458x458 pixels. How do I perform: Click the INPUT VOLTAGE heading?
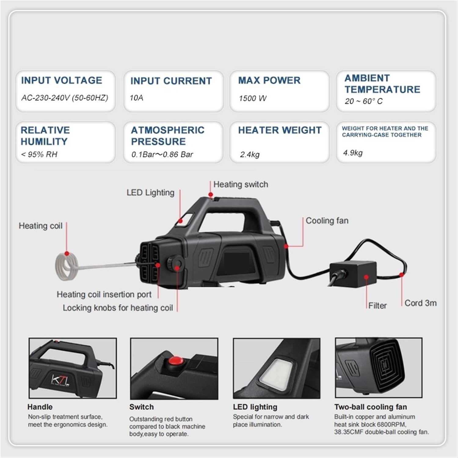[62, 80]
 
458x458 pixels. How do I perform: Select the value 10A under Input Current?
[136, 98]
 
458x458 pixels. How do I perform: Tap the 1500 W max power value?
[253, 98]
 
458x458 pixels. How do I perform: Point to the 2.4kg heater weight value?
[250, 154]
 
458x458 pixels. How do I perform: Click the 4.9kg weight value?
[353, 153]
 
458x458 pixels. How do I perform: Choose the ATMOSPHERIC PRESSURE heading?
[168, 136]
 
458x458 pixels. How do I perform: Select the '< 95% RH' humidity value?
[39, 154]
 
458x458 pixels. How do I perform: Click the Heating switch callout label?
[241, 184]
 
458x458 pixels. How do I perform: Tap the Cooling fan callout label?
[327, 221]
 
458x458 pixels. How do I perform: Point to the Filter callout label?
[377, 306]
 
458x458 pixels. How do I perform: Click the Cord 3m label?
[420, 303]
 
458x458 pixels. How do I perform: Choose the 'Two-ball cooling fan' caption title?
[371, 407]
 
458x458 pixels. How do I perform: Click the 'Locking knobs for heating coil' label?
[118, 308]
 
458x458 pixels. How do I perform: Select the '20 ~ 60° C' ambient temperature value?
[363, 101]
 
